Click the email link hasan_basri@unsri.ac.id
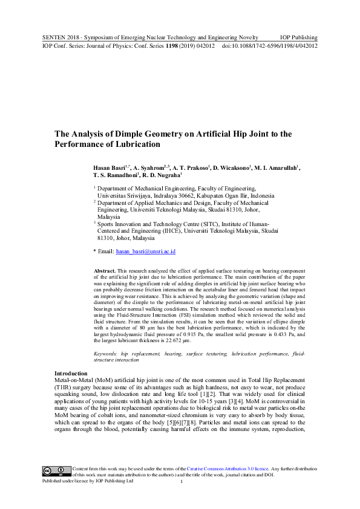(145, 251)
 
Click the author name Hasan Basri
(110, 167)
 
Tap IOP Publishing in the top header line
(298, 37)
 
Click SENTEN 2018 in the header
(64, 37)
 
